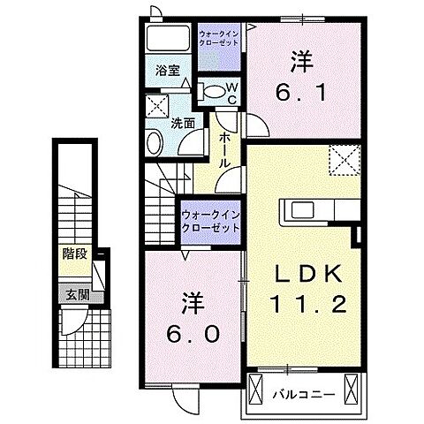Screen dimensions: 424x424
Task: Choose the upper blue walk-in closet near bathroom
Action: click(x=217, y=36)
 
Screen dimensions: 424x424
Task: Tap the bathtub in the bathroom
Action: click(x=167, y=40)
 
